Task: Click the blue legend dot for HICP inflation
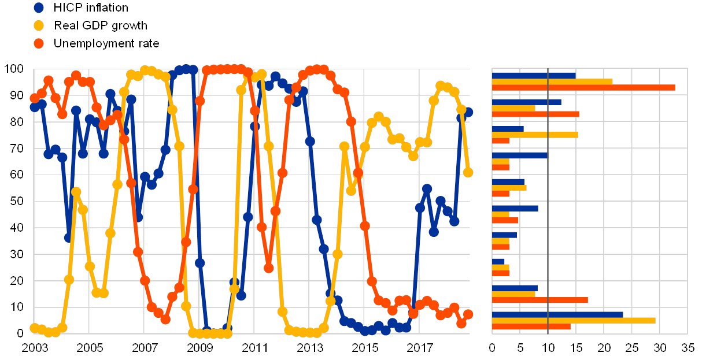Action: [x=39, y=8]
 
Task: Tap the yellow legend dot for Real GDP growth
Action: [x=39, y=25]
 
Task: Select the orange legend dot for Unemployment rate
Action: [x=39, y=43]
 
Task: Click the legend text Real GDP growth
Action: [x=102, y=25]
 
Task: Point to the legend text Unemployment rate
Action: [x=108, y=43]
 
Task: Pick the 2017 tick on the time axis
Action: [x=420, y=348]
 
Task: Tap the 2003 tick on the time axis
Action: [x=34, y=348]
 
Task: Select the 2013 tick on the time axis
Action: [x=310, y=348]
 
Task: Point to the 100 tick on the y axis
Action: [x=14, y=68]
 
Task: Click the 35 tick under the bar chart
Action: [x=688, y=348]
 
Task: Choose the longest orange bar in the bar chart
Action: [x=583, y=87]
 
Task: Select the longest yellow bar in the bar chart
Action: [x=574, y=320]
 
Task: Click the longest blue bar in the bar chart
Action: [x=557, y=314]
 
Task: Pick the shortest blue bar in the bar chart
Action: [x=498, y=261]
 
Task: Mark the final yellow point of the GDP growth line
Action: [x=468, y=172]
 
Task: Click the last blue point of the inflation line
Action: [x=468, y=112]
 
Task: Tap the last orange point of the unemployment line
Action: [x=468, y=314]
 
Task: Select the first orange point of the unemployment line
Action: [x=34, y=98]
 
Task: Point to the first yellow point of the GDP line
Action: [x=34, y=328]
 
